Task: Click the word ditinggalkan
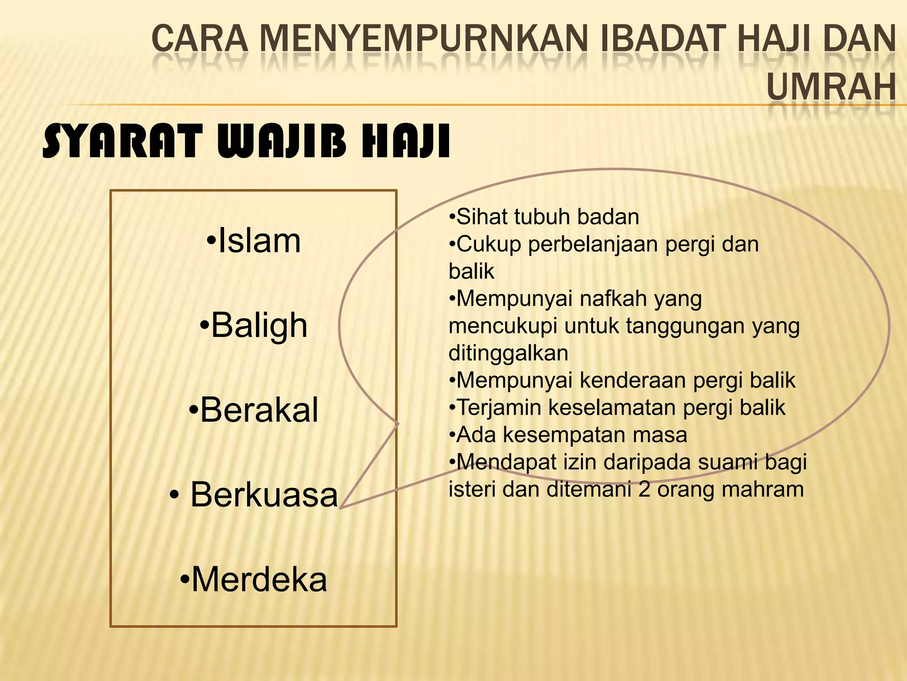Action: (x=508, y=353)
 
